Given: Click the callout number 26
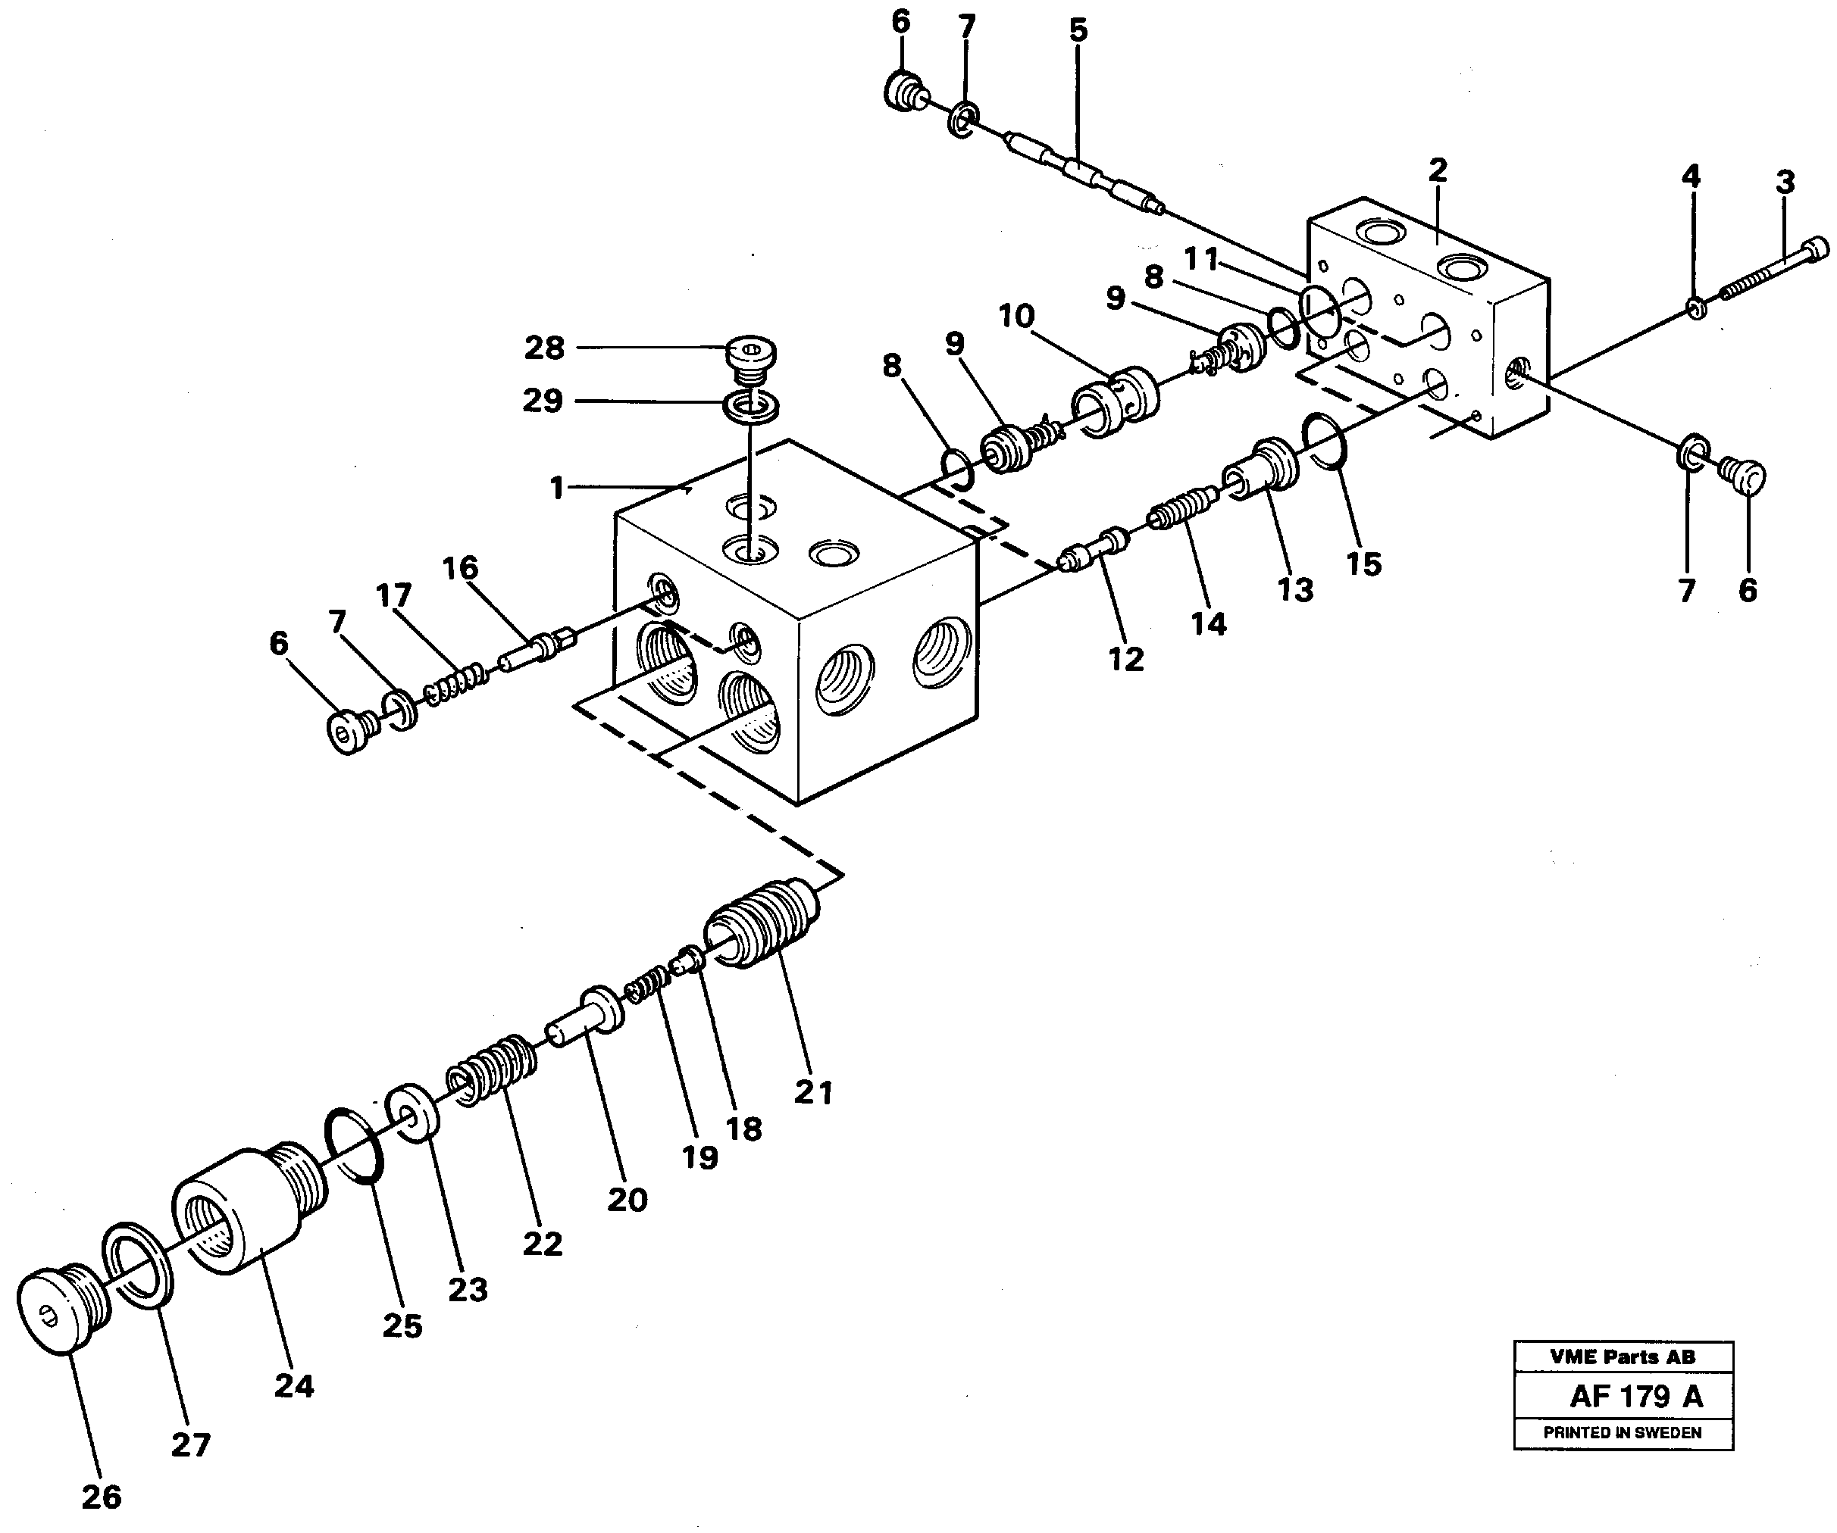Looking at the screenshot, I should pos(102,1497).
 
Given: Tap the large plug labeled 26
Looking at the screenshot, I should pos(61,1313).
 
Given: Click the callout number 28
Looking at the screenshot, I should pos(543,348).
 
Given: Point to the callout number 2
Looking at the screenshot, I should pos(1437,170).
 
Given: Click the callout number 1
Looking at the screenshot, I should pos(556,488).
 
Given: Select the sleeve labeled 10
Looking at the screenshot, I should pos(1116,401).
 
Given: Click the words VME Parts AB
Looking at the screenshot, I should pos(1623,1357).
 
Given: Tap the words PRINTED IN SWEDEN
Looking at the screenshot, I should pos(1623,1432).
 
